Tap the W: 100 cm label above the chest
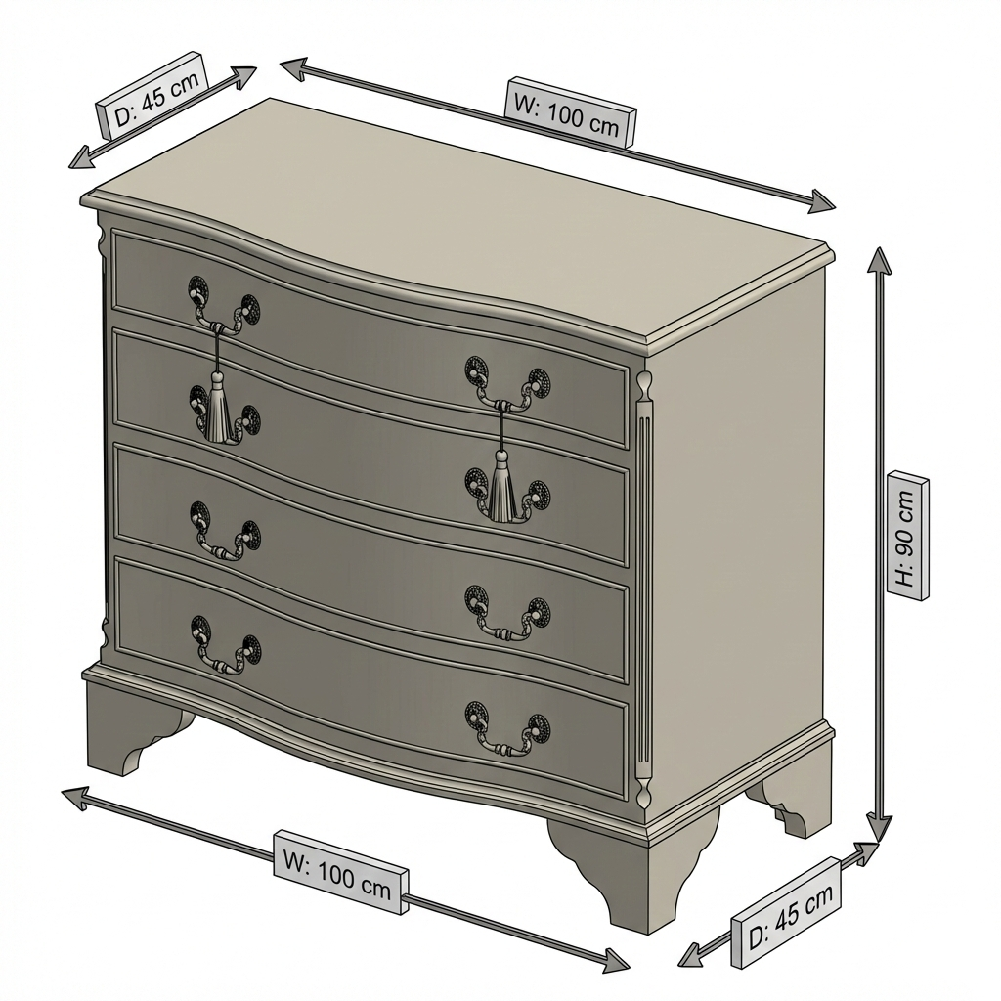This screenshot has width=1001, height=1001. (570, 111)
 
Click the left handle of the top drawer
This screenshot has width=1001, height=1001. (224, 304)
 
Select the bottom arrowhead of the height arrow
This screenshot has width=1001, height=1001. (881, 828)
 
